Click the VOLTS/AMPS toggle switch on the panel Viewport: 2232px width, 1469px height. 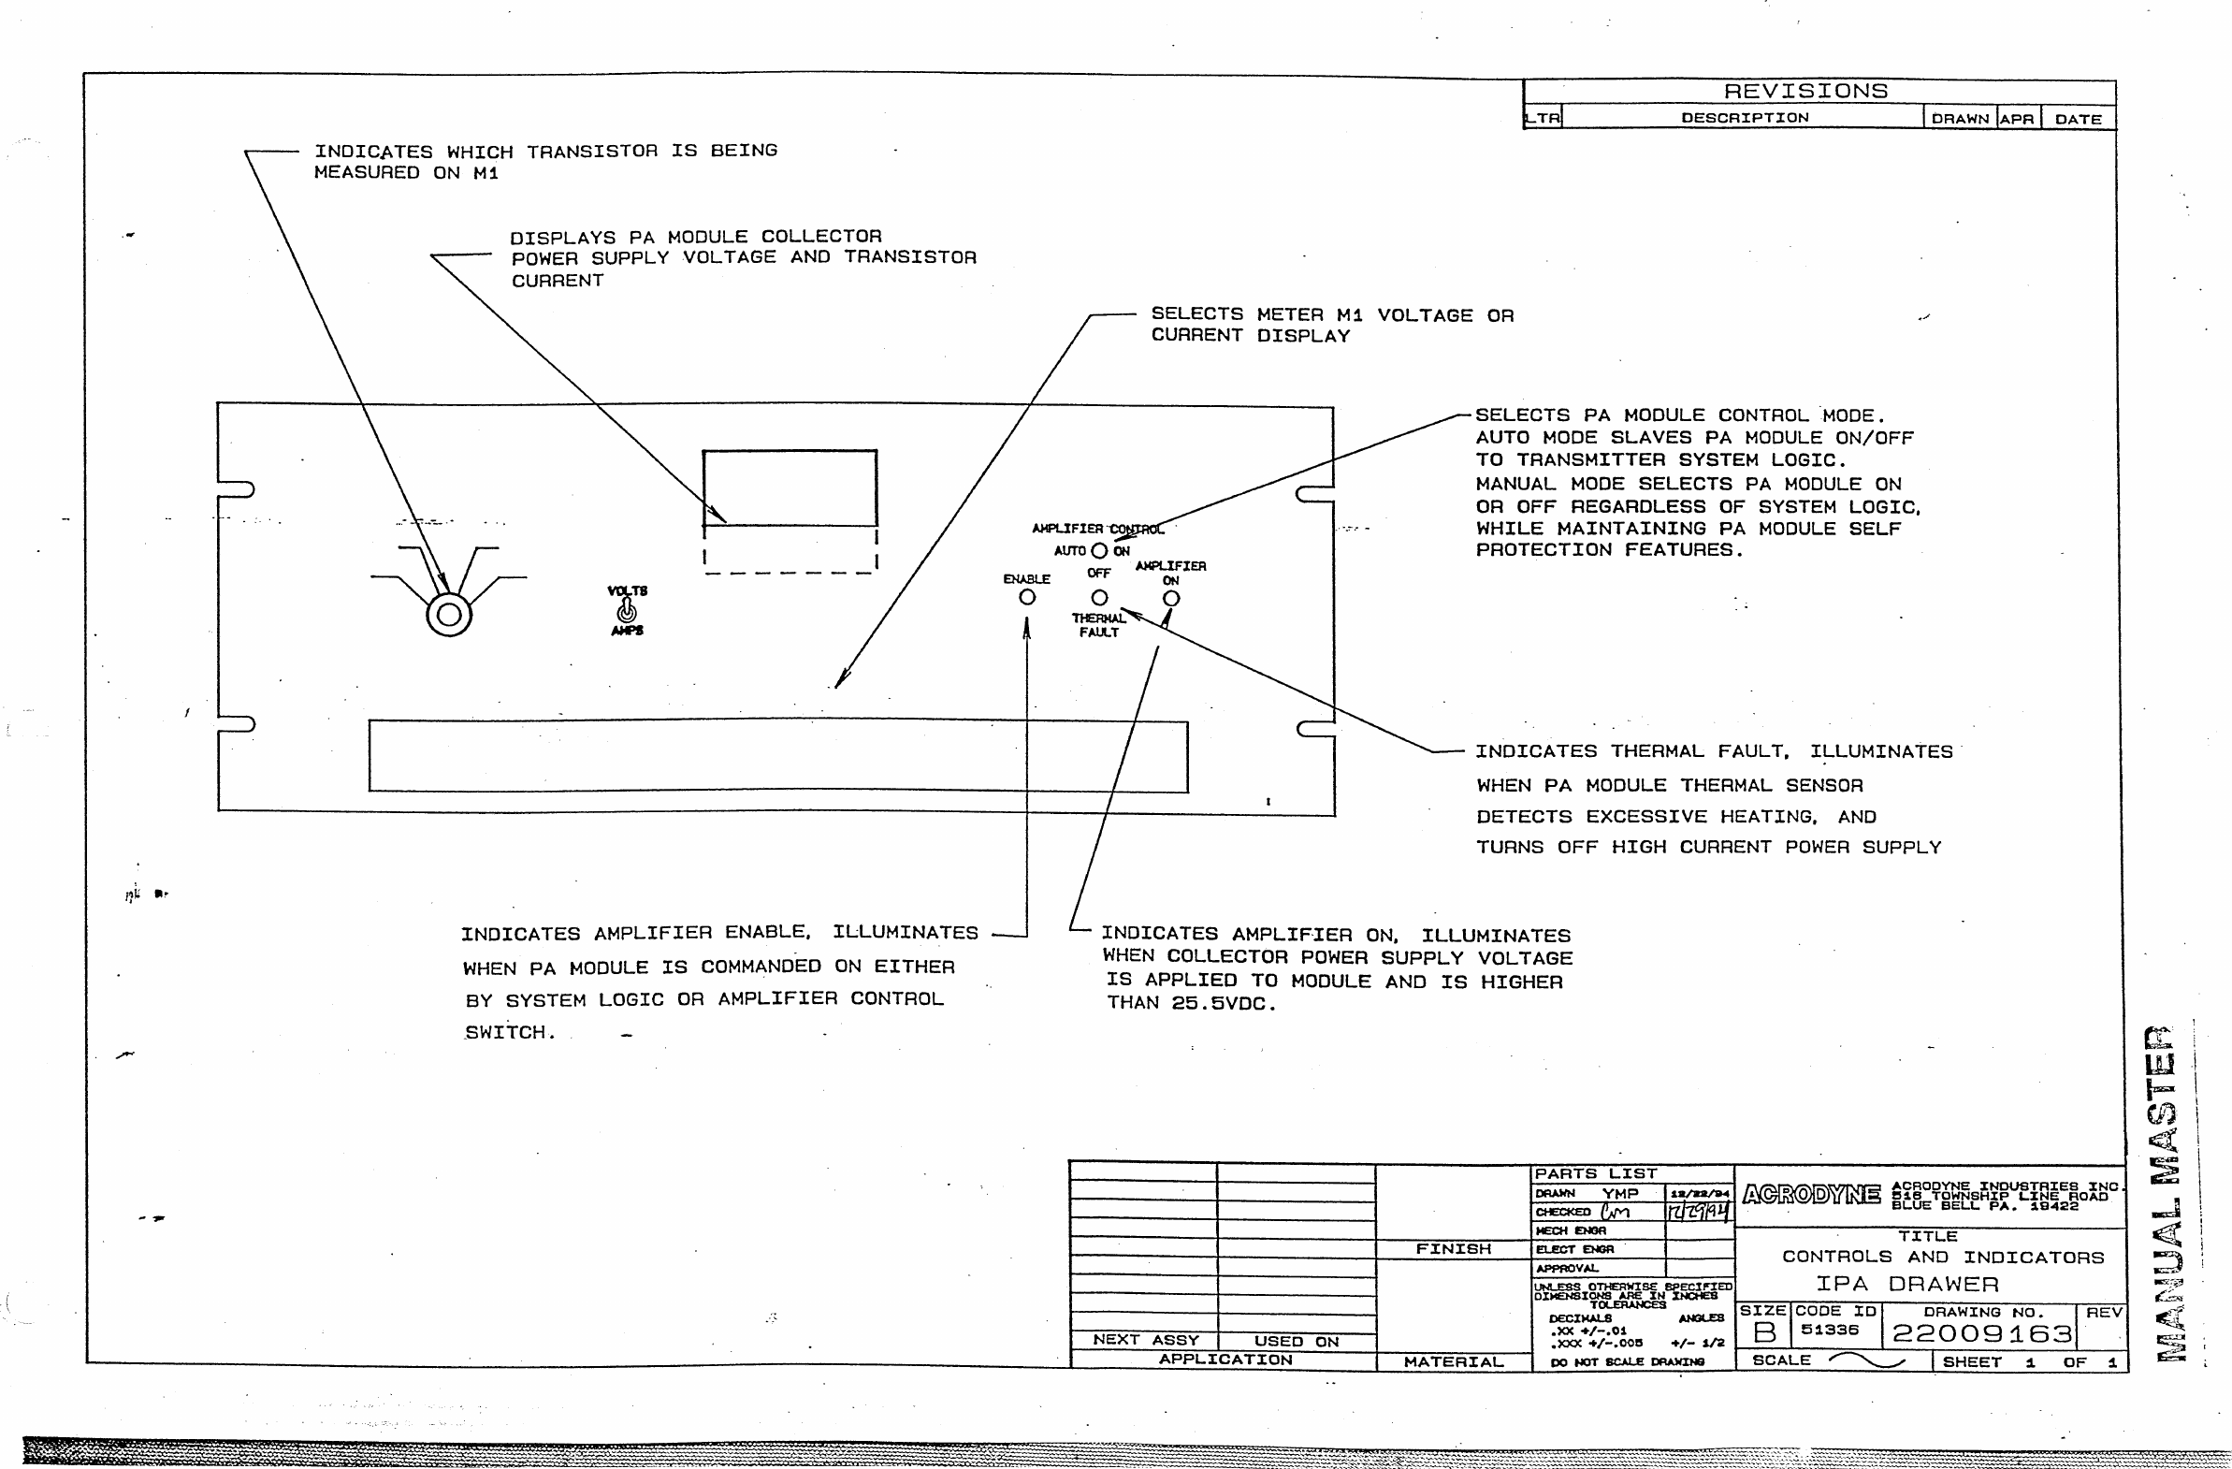(x=628, y=611)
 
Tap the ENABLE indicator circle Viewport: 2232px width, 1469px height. (x=1027, y=597)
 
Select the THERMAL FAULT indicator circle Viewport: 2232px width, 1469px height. (x=1099, y=598)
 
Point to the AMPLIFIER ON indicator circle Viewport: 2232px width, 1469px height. (x=1171, y=599)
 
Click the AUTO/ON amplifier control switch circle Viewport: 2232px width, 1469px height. (x=1098, y=550)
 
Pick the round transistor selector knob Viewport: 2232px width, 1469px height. (x=449, y=615)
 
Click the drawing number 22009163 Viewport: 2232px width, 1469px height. (x=1981, y=1333)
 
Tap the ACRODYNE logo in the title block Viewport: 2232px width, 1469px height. (x=1811, y=1194)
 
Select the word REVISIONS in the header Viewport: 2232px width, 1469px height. (x=1805, y=91)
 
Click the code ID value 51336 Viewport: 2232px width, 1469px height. (x=1830, y=1330)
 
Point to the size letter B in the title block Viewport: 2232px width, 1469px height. (x=1764, y=1332)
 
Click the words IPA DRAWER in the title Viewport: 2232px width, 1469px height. (x=1907, y=1283)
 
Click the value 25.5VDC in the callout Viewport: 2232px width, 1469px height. (x=1223, y=1004)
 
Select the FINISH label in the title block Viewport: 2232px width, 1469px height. (x=1454, y=1248)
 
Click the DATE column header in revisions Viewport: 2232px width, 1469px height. (x=2078, y=119)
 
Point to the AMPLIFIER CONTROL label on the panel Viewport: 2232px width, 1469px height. (x=1097, y=529)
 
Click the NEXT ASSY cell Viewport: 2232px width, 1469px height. (x=1145, y=1340)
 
